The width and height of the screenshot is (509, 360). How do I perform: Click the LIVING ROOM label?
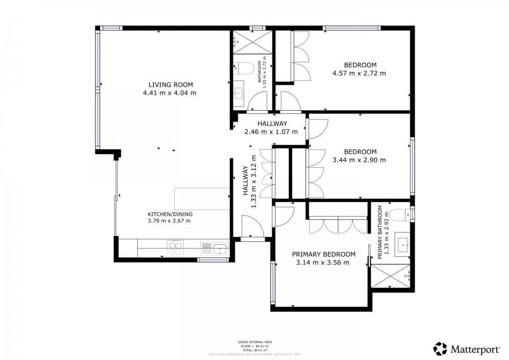click(x=171, y=85)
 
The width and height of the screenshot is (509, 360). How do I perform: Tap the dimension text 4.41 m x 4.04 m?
click(x=170, y=93)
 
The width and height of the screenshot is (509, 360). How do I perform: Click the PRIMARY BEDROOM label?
click(x=323, y=254)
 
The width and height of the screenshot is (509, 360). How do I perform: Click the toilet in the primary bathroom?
click(x=400, y=215)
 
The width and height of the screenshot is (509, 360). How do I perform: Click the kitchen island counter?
click(x=202, y=199)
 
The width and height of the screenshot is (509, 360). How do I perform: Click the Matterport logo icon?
click(x=440, y=349)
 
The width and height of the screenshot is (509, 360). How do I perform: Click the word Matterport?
click(x=474, y=349)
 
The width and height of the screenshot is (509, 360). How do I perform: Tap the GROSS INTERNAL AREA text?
click(x=254, y=342)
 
